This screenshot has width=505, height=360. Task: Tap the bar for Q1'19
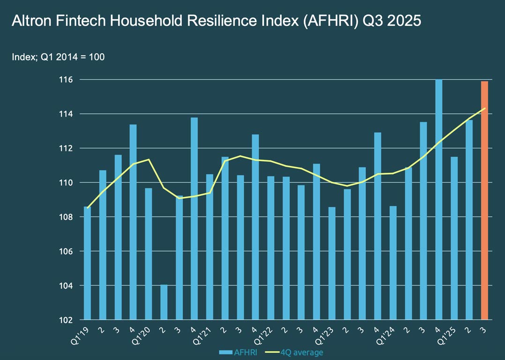tap(88, 263)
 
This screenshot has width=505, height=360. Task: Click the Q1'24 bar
tap(393, 262)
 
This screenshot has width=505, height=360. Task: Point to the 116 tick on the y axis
tap(67, 80)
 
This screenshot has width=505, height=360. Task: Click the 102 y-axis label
tap(67, 320)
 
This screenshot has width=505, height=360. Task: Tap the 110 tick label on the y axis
tap(67, 182)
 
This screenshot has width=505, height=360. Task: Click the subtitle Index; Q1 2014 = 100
tap(58, 57)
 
